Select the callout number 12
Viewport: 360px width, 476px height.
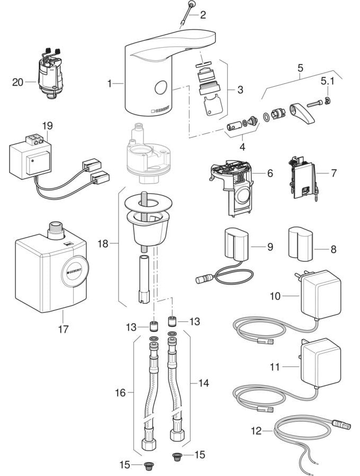[256, 431]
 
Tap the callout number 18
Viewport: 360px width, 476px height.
[103, 243]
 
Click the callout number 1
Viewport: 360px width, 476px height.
[110, 83]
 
